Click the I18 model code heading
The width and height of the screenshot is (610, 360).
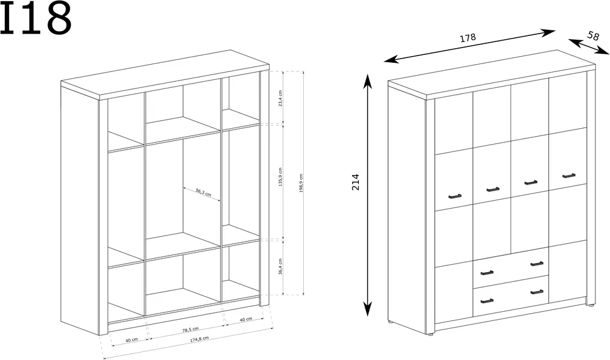[x=36, y=18]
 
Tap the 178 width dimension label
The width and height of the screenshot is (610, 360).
[x=468, y=38]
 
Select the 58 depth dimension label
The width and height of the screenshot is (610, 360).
[x=593, y=36]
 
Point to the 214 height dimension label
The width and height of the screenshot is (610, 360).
[x=356, y=182]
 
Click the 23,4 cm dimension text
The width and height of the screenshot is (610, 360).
[x=281, y=98]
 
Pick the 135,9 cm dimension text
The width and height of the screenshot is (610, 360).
[x=281, y=177]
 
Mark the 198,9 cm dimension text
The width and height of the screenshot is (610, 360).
[x=301, y=183]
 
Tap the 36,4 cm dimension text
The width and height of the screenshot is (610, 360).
[x=281, y=267]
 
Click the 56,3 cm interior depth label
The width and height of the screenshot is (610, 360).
[x=204, y=192]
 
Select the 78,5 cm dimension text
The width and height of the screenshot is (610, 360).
[x=190, y=329]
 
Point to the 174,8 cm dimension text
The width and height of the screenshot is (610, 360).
[x=199, y=339]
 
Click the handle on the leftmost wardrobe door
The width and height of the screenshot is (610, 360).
[x=455, y=196]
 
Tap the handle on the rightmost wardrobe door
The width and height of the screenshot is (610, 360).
[x=569, y=176]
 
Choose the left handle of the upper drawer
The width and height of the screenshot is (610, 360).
[x=487, y=272]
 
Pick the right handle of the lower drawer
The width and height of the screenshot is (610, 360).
[x=537, y=292]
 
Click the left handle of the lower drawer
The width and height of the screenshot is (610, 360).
[x=487, y=300]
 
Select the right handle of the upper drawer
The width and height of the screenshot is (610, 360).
[x=537, y=264]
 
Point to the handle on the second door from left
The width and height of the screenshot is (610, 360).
[x=493, y=189]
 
